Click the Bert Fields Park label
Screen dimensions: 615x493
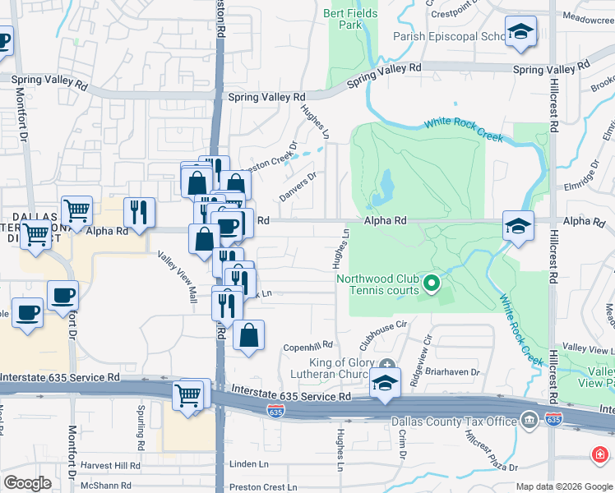tap(350, 19)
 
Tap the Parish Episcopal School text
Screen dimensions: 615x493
tap(449, 36)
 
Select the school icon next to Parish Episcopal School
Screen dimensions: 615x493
tap(520, 33)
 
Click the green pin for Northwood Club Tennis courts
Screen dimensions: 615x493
tap(432, 284)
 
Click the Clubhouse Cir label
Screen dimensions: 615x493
tap(383, 325)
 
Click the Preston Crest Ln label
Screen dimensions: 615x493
tap(264, 486)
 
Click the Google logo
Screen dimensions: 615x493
tap(27, 483)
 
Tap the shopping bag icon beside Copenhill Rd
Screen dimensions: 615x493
tap(248, 335)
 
